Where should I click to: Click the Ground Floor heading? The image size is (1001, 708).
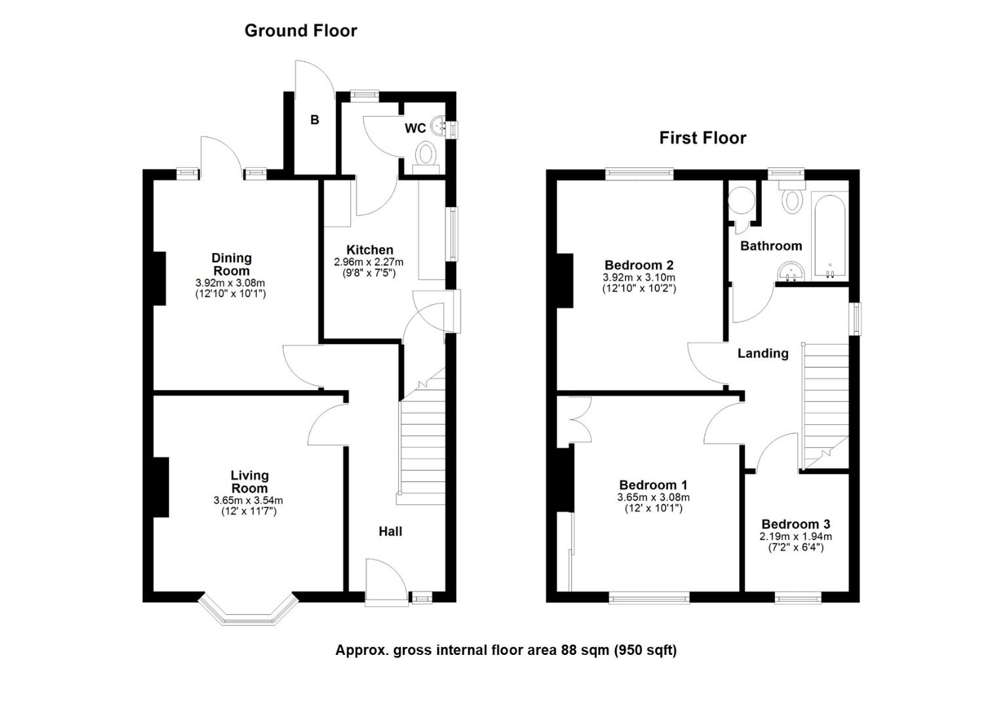(x=301, y=31)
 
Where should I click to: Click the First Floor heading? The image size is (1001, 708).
(x=702, y=138)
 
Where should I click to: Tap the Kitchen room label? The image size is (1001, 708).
(x=370, y=250)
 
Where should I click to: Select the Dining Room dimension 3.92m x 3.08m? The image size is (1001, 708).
(x=230, y=283)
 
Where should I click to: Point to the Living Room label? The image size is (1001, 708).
(x=250, y=482)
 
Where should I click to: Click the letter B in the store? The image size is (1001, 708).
(x=314, y=120)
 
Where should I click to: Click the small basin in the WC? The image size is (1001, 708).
(x=438, y=126)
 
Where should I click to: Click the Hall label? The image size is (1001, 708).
(x=390, y=532)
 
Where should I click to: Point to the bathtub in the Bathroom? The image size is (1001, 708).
(x=829, y=235)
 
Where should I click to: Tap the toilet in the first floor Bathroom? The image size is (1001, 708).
(x=792, y=197)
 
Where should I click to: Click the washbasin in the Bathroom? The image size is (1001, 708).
(x=791, y=271)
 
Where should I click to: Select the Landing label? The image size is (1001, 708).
(x=763, y=353)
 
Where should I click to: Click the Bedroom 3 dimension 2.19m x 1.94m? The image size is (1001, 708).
(x=795, y=536)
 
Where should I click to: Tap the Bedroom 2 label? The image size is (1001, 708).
(x=639, y=265)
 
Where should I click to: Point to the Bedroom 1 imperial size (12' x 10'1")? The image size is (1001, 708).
(x=653, y=508)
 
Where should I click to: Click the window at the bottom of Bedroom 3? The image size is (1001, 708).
(x=798, y=597)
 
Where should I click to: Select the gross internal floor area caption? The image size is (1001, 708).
(x=506, y=650)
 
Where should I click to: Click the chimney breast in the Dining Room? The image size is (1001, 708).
(x=159, y=278)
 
